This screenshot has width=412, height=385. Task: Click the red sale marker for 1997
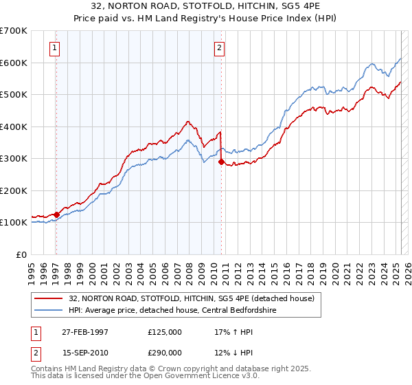click(56, 214)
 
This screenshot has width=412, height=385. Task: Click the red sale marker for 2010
click(221, 162)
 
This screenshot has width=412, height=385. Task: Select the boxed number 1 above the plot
click(54, 48)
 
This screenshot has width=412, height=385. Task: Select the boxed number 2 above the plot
click(218, 48)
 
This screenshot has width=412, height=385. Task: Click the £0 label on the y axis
click(21, 254)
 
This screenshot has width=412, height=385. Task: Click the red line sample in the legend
click(49, 298)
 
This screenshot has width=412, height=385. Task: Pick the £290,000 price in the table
click(165, 352)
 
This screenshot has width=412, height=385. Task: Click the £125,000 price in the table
click(165, 331)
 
